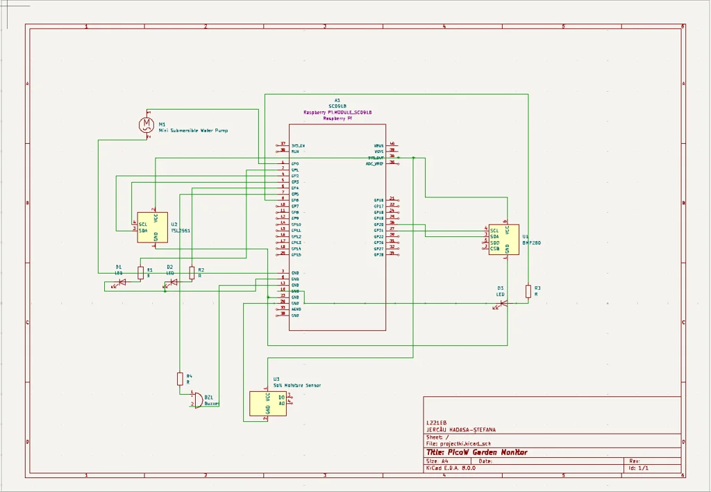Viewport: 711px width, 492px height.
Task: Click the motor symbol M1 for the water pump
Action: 147,124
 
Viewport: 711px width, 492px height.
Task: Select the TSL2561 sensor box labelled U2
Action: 152,227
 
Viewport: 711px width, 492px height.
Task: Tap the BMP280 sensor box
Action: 503,239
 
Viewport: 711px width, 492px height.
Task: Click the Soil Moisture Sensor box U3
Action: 267,403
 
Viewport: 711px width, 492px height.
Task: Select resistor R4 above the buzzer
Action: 180,379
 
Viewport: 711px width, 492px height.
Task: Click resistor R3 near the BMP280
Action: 528,290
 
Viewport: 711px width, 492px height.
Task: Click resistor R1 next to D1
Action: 140,272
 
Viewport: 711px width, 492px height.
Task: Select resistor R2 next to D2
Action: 192,272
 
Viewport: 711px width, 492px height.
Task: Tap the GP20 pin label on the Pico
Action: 378,224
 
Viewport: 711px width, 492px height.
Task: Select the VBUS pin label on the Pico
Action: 378,145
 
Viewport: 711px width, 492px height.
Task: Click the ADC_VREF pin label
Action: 374,163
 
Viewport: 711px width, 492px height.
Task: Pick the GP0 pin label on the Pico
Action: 295,164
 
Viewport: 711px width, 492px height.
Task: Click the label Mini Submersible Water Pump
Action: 193,130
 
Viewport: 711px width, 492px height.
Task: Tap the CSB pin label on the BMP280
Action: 494,249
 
